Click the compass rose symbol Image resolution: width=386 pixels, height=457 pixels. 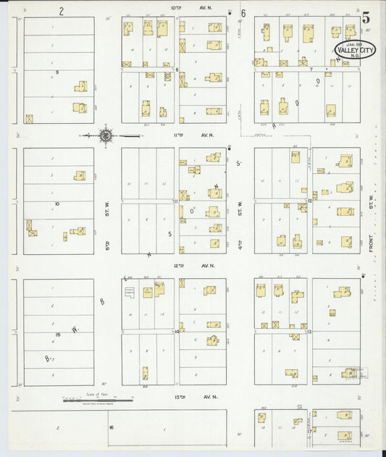106,135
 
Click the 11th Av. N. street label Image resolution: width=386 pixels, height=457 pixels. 190,135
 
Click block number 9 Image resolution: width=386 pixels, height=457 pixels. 56,73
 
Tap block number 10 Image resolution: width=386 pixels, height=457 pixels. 56,204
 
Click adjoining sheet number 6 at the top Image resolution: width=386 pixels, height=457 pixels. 243,13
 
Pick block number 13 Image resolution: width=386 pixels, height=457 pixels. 309,331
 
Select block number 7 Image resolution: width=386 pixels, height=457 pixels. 309,69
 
